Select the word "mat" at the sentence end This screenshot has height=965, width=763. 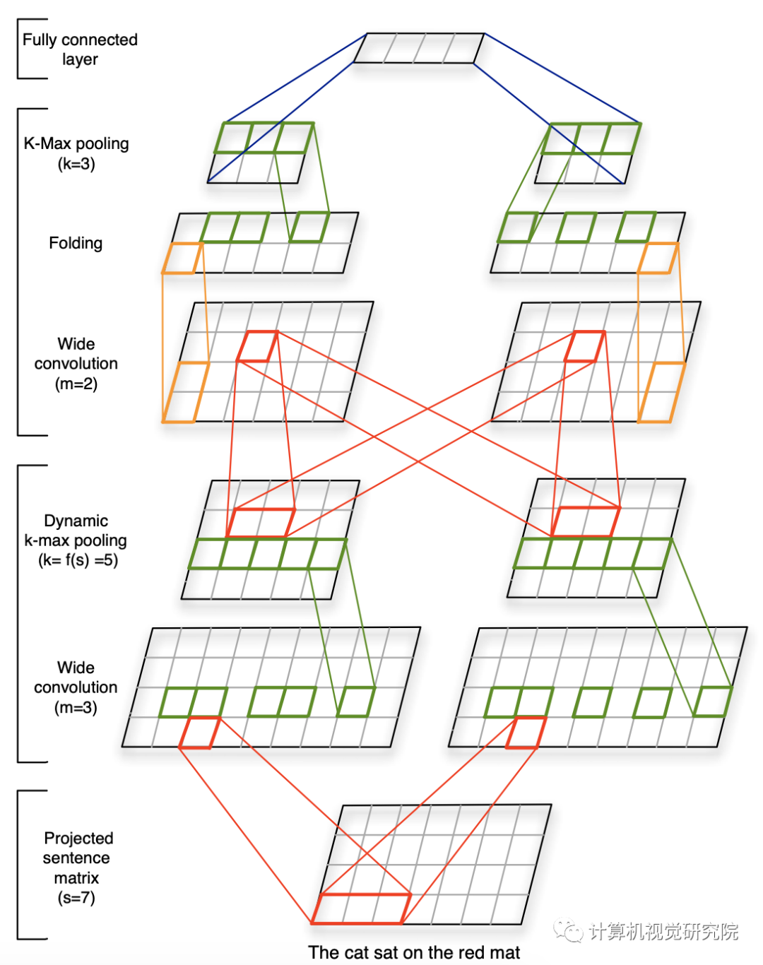tap(505, 952)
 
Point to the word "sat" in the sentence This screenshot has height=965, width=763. tap(386, 952)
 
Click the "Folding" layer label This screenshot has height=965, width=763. tap(76, 243)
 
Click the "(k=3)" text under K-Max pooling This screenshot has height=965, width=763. tap(76, 164)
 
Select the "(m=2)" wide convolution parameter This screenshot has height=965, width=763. tap(76, 384)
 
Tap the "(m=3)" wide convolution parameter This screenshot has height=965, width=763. tap(76, 707)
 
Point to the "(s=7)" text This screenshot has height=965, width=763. tap(76, 898)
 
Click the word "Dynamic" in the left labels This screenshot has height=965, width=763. tap(76, 521)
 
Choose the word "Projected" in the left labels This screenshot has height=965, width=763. tap(78, 838)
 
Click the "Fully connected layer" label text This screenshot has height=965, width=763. tap(80, 49)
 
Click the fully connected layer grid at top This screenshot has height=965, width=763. tap(418, 48)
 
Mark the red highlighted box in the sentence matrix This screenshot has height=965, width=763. tap(361, 908)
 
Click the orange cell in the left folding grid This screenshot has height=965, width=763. tap(182, 259)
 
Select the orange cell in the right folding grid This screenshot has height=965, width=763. tap(658, 258)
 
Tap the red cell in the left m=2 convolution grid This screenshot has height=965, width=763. tap(257, 346)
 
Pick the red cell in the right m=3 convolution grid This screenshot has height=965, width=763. tap(526, 732)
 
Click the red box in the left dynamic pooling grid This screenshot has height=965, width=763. tap(261, 523)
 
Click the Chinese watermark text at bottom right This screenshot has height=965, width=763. tap(663, 931)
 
